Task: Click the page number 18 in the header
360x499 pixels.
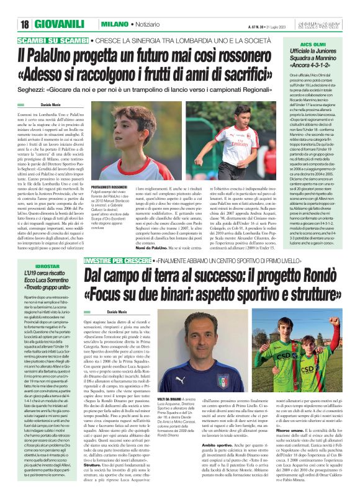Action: pos(25,24)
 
